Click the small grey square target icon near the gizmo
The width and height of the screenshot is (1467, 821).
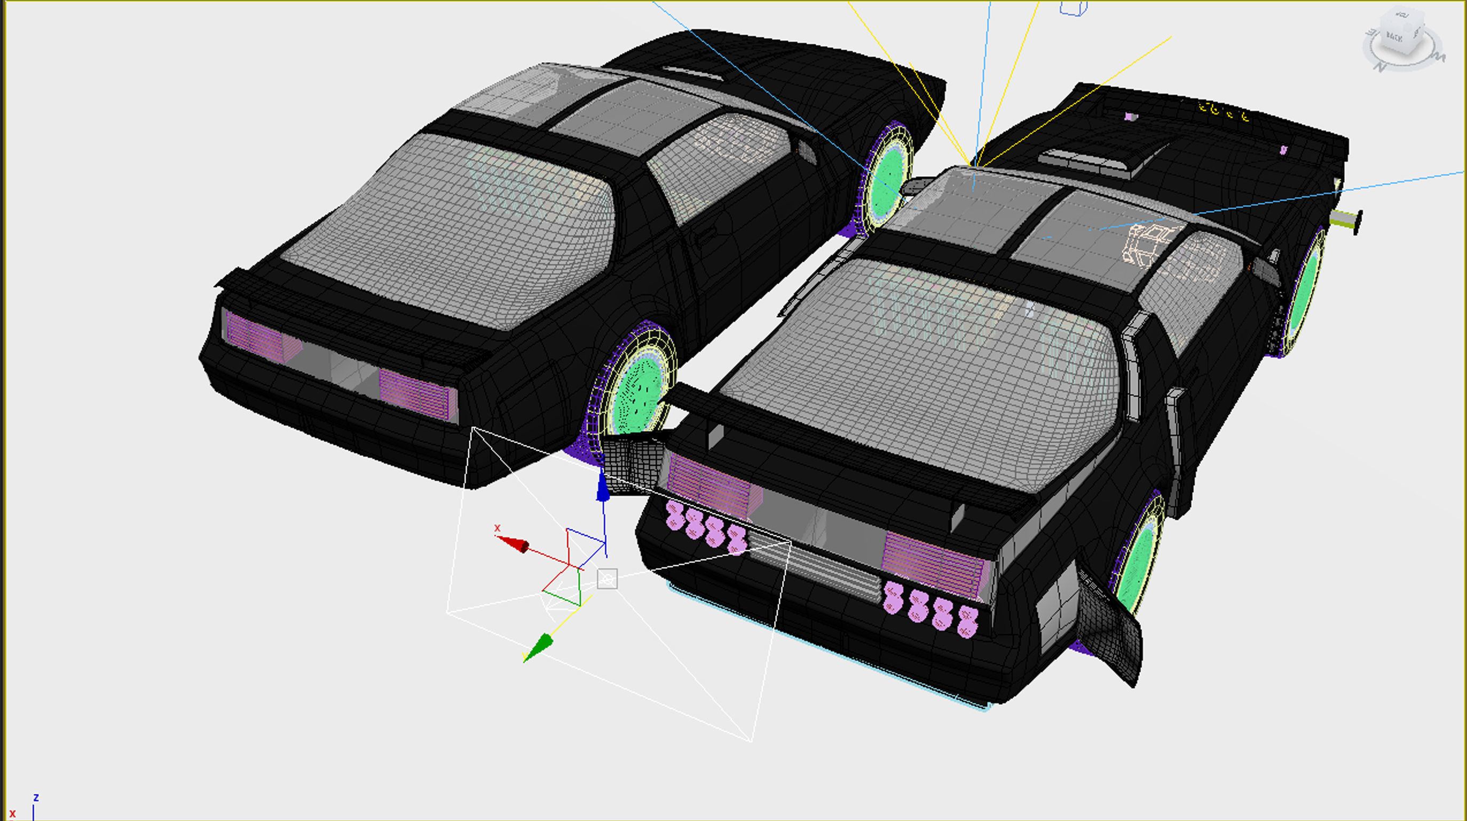pos(607,579)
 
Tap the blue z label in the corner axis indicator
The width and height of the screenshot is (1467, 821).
pos(36,797)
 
